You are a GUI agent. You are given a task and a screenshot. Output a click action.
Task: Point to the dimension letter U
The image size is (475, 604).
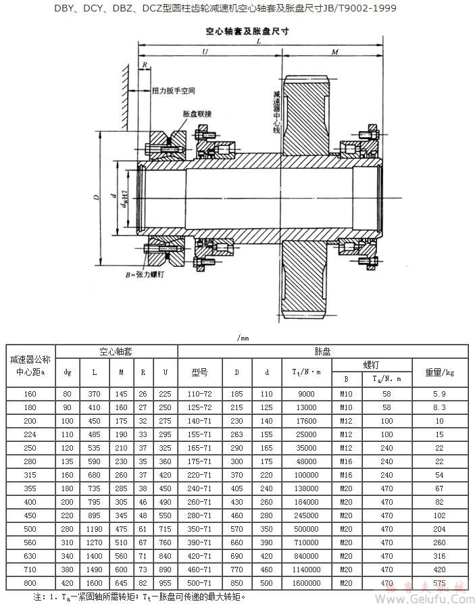pyautogui.click(x=203, y=52)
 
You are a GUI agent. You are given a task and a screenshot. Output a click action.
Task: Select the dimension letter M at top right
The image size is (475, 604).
pyautogui.click(x=335, y=52)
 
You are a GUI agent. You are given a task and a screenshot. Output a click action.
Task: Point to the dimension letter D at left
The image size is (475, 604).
pyautogui.click(x=97, y=197)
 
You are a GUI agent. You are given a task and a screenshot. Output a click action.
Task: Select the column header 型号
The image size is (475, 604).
pyautogui.click(x=199, y=372)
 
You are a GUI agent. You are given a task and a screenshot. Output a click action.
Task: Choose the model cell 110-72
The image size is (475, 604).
pyautogui.click(x=199, y=394)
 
